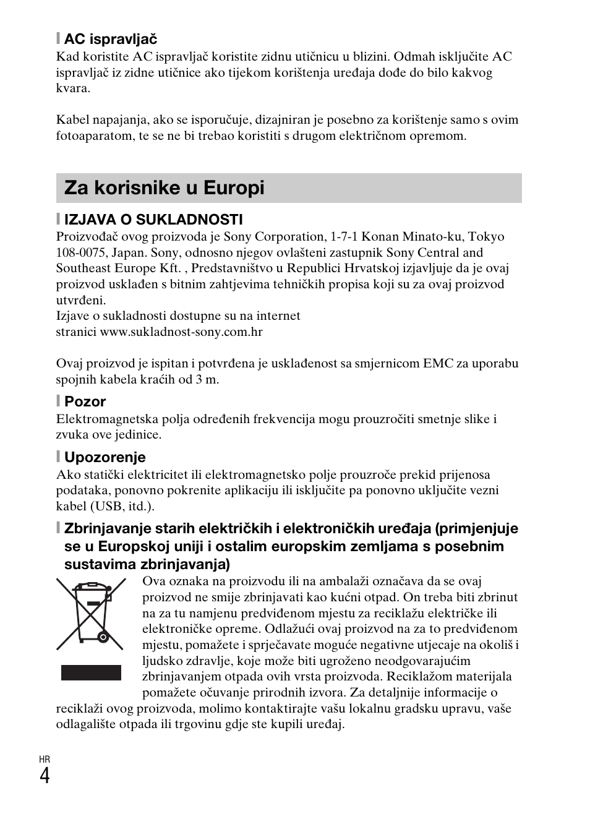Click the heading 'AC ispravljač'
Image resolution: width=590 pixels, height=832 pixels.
click(x=111, y=40)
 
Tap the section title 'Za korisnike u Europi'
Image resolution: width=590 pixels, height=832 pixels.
click(x=165, y=188)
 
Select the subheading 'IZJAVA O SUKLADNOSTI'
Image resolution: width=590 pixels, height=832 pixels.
click(x=153, y=220)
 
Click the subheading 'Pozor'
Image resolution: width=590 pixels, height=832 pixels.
click(x=85, y=401)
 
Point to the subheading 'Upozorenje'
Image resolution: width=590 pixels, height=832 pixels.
click(x=105, y=457)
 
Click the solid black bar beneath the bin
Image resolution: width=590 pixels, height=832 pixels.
click(x=91, y=672)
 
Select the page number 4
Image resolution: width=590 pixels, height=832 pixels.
click(x=45, y=775)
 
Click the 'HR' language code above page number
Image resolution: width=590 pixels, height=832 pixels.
click(x=45, y=759)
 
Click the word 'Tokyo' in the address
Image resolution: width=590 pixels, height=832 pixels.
click(x=485, y=236)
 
